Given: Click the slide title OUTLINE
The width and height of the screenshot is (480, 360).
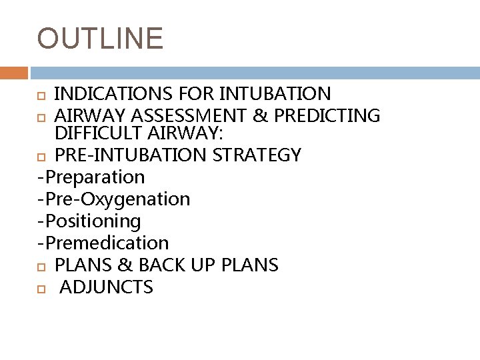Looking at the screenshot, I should click(x=100, y=38).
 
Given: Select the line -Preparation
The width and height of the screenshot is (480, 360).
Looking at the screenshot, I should click(x=91, y=177).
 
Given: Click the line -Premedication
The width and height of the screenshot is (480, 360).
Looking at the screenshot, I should click(x=103, y=243).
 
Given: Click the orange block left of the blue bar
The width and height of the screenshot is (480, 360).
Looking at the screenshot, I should click(x=13, y=71).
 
